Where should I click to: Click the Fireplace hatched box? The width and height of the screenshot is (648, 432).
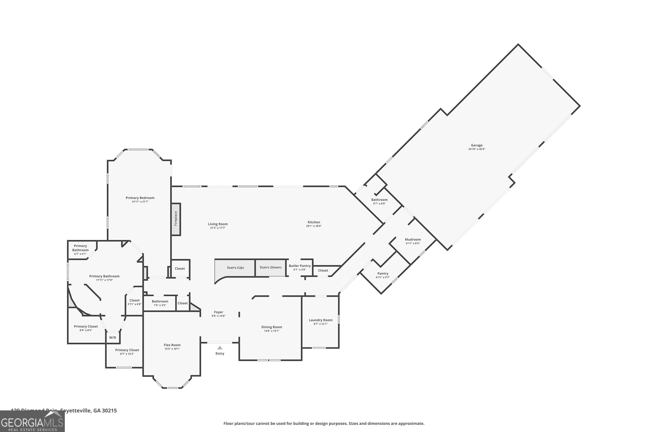point(176,219)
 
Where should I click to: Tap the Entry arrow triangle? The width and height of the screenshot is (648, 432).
point(220,348)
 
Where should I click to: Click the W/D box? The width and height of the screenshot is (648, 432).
point(113,337)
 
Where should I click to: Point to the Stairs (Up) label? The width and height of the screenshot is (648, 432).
point(235,268)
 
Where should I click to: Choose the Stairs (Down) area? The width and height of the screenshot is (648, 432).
point(270,267)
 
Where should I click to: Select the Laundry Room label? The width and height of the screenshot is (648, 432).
point(320,320)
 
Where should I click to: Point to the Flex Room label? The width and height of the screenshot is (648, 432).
point(172,345)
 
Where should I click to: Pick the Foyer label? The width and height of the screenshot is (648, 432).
point(218,312)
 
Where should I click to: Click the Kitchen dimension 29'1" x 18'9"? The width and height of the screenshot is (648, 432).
point(314,226)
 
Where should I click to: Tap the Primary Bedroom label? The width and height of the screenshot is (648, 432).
point(140,198)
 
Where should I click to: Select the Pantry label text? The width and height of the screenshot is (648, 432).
point(383,273)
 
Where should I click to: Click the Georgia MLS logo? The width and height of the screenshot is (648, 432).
point(32,422)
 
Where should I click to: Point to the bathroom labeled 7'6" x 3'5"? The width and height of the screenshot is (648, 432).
point(160,303)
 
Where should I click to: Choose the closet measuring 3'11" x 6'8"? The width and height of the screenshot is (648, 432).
point(134,302)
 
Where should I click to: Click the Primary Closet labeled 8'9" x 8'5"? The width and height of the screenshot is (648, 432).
point(86,328)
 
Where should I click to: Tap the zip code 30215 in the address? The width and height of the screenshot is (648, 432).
point(109,411)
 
